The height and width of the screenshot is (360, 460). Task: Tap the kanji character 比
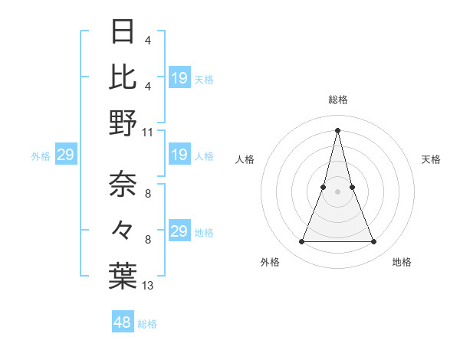[x=123, y=76]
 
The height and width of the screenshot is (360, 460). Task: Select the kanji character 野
[x=123, y=122]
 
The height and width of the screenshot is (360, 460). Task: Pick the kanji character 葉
[x=123, y=276]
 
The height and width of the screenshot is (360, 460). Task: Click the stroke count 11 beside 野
[x=148, y=132]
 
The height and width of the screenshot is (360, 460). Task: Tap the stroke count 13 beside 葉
[x=148, y=286]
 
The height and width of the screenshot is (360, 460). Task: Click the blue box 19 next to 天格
[x=179, y=77]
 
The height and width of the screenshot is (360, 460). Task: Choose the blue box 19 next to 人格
[x=179, y=155]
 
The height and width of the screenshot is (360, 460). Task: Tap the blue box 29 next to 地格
[x=179, y=231]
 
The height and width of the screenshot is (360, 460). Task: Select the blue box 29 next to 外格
[x=65, y=155]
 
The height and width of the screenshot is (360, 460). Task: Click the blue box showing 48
[x=123, y=322]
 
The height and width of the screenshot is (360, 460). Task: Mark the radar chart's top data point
[x=337, y=129]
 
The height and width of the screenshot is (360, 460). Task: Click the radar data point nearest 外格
[x=301, y=242]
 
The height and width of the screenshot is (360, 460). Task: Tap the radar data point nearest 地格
[x=374, y=242]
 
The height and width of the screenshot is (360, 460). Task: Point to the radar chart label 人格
[x=245, y=159]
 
